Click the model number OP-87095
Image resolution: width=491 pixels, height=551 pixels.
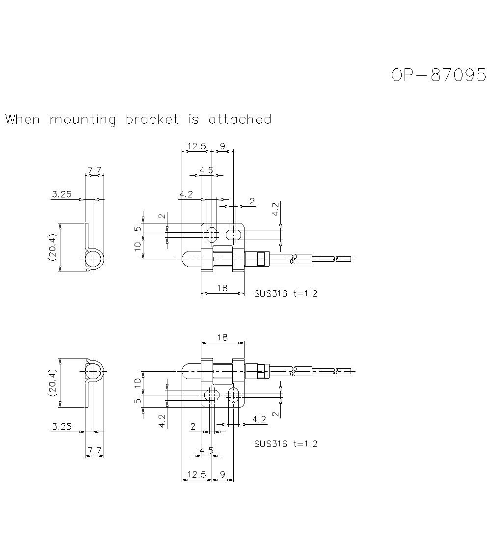pyautogui.click(x=438, y=75)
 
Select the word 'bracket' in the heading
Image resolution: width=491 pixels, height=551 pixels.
pyautogui.click(x=152, y=119)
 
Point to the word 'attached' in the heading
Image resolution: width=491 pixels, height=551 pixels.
pyautogui.click(x=240, y=119)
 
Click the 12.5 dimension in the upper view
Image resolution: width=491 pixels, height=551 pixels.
pyautogui.click(x=196, y=146)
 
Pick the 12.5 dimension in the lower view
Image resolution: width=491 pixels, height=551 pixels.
pyautogui.click(x=196, y=474)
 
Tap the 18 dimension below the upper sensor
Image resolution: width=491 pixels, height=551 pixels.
pyautogui.click(x=222, y=288)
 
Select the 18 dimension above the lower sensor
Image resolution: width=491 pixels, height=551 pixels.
pyautogui.click(x=222, y=337)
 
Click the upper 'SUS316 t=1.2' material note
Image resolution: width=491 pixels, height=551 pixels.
pyautogui.click(x=286, y=294)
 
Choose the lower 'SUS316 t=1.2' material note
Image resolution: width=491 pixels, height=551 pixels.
pyautogui.click(x=286, y=443)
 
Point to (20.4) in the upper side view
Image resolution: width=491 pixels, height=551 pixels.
pyautogui.click(x=53, y=247)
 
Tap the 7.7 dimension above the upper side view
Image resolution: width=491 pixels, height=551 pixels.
pyautogui.click(x=94, y=170)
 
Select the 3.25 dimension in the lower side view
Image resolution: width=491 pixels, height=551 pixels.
pyautogui.click(x=61, y=426)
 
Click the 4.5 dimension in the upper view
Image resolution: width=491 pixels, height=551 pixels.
pyautogui.click(x=206, y=170)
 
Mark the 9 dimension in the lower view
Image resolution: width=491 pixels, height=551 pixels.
pyautogui.click(x=222, y=474)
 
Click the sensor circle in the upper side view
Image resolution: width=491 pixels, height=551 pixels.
pyautogui.click(x=93, y=258)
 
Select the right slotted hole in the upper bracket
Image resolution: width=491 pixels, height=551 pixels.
pyautogui.click(x=235, y=234)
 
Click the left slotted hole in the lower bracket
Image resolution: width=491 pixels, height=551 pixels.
pyautogui.click(x=211, y=395)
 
